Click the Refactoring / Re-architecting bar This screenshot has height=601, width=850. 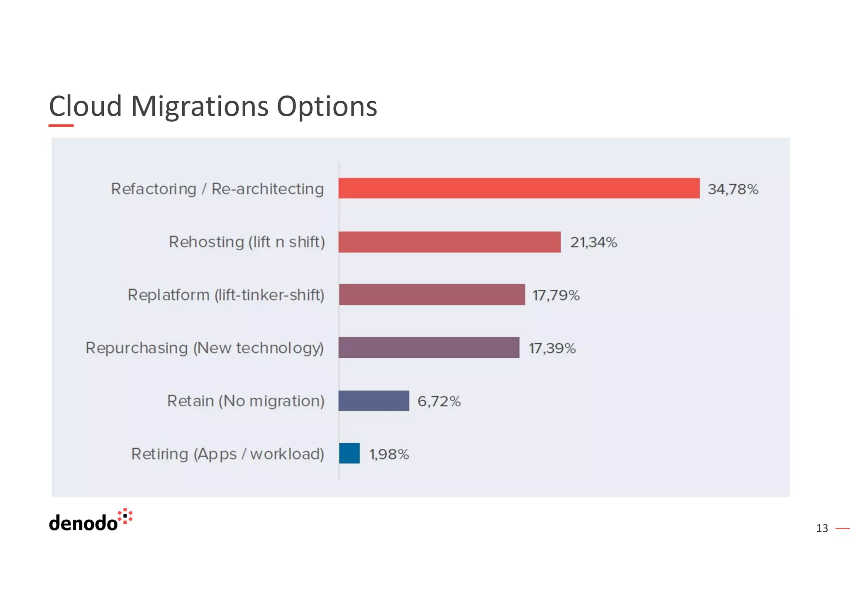coord(519,188)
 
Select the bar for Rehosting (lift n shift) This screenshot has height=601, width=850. coord(449,242)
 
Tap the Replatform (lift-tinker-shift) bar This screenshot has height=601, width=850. coord(432,295)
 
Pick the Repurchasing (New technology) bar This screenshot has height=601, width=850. coord(429,347)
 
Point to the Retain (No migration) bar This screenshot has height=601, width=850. coord(374,401)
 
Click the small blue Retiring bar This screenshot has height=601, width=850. coord(349,453)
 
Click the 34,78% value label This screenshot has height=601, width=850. coord(733,189)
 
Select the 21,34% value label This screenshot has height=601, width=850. coord(594,242)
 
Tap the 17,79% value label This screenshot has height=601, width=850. coord(556,296)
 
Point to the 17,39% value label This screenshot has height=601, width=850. coord(552,348)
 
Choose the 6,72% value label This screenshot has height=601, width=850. coord(439,401)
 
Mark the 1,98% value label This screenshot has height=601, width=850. coord(389,454)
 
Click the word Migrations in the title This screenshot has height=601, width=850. coord(200,106)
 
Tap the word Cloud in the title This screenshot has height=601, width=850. coord(85,106)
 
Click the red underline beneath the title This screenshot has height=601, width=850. coord(61,125)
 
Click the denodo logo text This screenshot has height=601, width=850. coord(83,523)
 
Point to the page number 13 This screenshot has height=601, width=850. coord(822,528)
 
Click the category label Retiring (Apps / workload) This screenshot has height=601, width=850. coord(227,454)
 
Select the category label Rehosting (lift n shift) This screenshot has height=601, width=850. coord(247,242)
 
